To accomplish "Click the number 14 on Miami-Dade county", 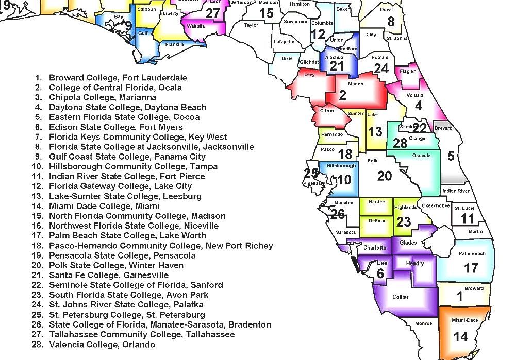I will tap(460, 336).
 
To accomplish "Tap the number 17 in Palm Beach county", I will tap(471, 268).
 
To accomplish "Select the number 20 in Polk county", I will tap(384, 176).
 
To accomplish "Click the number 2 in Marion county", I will tap(343, 95).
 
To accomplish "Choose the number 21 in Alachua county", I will tap(336, 66).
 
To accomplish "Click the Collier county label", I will tap(401, 297).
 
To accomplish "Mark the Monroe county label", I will tap(423, 323).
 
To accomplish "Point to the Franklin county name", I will tap(174, 44).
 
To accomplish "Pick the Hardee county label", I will tap(376, 202).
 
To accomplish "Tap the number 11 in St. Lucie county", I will tap(467, 218).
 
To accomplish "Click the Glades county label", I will tap(408, 243).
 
